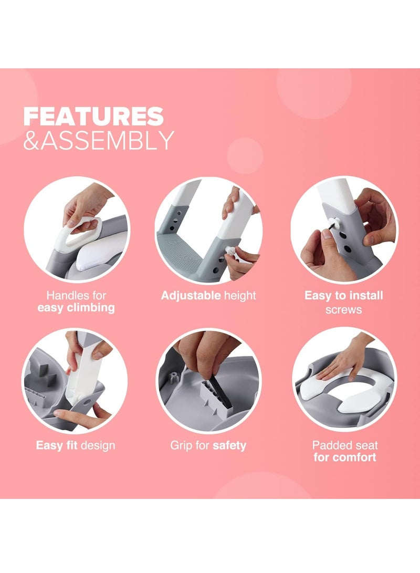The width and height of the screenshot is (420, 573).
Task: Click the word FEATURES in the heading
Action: point(93,116)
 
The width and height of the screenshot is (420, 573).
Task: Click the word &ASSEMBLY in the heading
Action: point(98,140)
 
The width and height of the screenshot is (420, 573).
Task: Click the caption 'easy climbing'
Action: point(76,308)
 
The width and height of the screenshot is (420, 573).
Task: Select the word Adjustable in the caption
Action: point(191,295)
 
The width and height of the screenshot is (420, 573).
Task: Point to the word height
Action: point(240,295)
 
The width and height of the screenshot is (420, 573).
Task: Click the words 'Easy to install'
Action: point(344,295)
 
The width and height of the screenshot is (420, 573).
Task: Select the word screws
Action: point(344,309)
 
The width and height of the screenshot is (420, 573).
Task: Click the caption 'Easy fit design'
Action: point(76,446)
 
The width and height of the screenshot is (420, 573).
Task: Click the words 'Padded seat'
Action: point(345,446)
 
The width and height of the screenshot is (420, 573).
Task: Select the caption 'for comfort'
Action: point(345,457)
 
